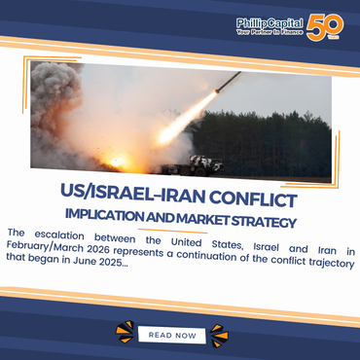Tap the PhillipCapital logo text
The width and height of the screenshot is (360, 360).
269,21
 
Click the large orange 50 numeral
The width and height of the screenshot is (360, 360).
321,25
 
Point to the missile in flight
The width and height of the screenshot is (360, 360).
230,81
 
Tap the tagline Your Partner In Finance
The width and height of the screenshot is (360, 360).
270,31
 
